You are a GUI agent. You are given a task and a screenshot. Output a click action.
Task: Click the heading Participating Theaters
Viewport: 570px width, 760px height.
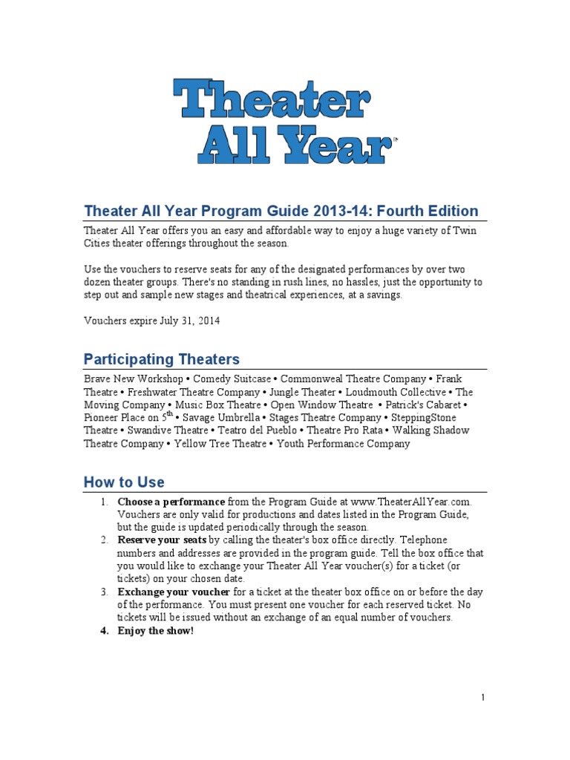coord(161,359)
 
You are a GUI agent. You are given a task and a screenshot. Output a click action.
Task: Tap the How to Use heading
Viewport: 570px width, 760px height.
coord(124,482)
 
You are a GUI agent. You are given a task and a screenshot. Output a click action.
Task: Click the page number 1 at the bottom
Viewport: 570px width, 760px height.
coord(482,697)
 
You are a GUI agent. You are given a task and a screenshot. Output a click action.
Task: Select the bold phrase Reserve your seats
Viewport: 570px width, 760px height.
coord(162,540)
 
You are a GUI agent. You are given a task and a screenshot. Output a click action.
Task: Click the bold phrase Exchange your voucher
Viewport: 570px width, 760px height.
coord(174,592)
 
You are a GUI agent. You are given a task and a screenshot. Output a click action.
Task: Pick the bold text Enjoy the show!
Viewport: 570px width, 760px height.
coord(155,630)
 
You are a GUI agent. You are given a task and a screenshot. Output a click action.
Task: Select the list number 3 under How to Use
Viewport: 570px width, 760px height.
coord(105,592)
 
